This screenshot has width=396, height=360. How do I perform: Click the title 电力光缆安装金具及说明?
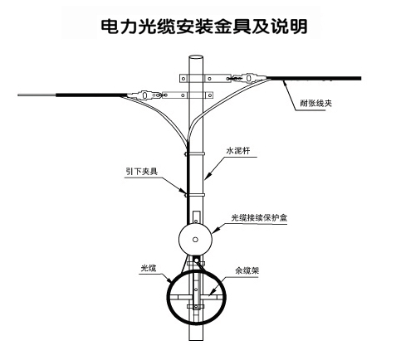(204, 27)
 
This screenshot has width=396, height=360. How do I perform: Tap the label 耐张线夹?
(315, 104)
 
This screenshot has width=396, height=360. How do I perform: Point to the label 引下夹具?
(141, 172)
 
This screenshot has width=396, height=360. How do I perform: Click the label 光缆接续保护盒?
(259, 217)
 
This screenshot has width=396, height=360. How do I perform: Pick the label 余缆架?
(247, 270)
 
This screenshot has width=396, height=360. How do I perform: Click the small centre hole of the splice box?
(195, 240)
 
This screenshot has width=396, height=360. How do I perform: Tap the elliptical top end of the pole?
(196, 57)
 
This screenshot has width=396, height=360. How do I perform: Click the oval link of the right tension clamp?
(249, 78)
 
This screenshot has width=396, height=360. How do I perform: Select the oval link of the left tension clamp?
(144, 95)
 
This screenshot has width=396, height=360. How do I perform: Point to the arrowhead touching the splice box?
(215, 231)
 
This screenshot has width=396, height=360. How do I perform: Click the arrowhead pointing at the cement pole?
(208, 175)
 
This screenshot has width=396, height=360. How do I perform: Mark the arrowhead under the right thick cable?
(284, 82)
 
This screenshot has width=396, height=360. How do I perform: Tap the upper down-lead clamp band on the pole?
(195, 153)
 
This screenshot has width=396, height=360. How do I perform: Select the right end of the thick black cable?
(360, 79)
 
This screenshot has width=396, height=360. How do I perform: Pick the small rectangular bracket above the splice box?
(196, 217)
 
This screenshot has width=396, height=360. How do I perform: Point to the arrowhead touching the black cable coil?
(169, 280)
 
